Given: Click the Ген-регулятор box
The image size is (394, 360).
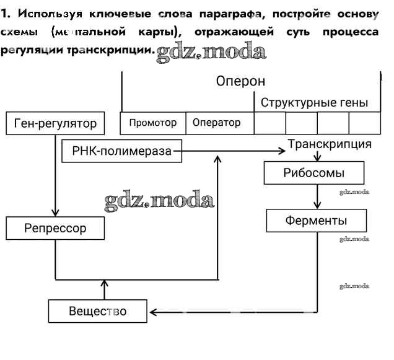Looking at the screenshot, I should (55, 123).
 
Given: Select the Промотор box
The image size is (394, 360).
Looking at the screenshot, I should (152, 123).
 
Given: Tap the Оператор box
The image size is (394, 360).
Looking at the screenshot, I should (217, 123).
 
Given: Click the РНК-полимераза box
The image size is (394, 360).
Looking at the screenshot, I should (122, 151).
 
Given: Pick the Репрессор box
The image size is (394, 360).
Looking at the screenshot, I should (55, 228).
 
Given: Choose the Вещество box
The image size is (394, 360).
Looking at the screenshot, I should (98, 311).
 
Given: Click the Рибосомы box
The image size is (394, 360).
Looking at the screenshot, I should (314, 173).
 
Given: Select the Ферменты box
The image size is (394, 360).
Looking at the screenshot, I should (316, 220).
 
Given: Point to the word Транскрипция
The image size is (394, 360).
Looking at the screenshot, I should (330, 144).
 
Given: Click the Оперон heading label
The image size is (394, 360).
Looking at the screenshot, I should (240, 81).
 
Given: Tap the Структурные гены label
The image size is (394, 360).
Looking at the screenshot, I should (314, 102).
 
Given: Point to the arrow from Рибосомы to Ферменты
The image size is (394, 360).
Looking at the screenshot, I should (318, 197).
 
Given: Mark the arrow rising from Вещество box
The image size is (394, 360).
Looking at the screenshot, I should (103, 289).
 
